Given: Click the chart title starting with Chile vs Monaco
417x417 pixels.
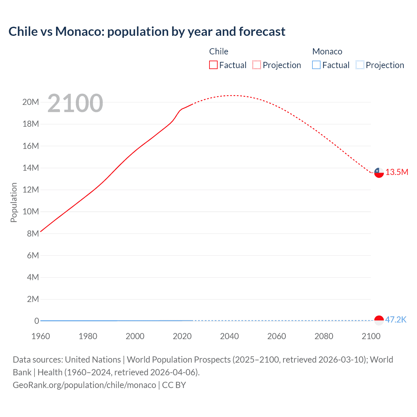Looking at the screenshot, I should tap(147, 32).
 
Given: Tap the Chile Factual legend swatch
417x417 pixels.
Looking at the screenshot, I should tap(213, 65).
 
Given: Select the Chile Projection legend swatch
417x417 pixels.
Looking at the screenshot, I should tap(257, 65).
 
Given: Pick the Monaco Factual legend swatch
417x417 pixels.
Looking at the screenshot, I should tap(316, 65).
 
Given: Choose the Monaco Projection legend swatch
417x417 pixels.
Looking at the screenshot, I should tap(360, 65).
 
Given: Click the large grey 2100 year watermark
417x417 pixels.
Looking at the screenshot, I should tap(75, 103).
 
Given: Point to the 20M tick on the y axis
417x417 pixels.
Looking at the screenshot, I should tap(31, 102).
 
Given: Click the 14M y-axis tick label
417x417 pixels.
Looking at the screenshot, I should tap(31, 168).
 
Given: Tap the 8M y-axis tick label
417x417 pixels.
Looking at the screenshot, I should tap(33, 234).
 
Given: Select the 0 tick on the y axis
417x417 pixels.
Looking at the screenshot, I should tap(37, 321).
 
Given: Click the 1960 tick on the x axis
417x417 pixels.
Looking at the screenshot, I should tap(41, 336).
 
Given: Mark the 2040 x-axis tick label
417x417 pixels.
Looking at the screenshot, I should tap(229, 336).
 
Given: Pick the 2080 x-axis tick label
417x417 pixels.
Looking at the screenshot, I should tap(324, 336).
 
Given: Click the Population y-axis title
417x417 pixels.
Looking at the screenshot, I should tap(14, 202).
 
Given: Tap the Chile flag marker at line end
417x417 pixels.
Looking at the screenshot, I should tap(379, 173).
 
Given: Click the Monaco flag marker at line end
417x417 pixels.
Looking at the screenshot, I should tap(379, 320).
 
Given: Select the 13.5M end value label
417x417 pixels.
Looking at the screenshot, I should tap(397, 172).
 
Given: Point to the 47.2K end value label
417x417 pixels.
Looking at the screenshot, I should tap(396, 320).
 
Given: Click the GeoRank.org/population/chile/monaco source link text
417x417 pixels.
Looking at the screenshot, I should tap(84, 385).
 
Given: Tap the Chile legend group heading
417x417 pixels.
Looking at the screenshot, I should tap(219, 51).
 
